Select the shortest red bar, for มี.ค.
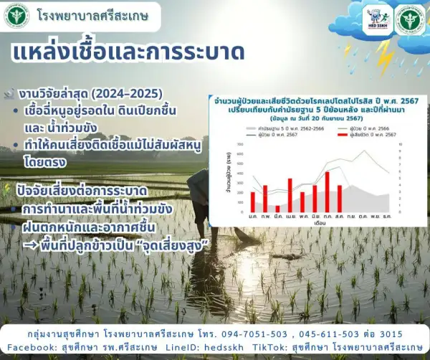(277, 209)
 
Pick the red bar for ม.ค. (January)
(252, 202)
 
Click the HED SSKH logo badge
(378, 18)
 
